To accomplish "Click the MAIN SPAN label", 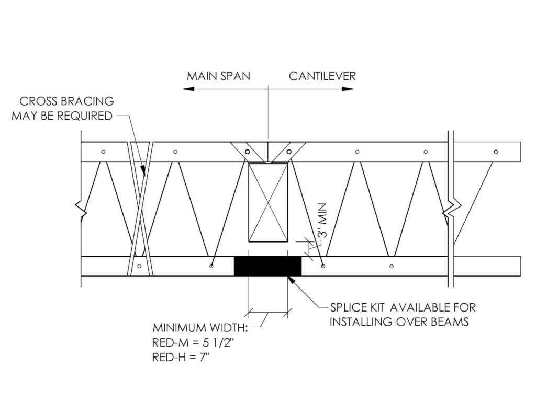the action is [218, 76].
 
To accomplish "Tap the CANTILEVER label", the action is [322, 76].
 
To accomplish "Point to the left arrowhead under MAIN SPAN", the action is [188, 89].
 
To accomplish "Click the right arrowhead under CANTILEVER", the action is [348, 89].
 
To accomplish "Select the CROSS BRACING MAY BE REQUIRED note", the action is [63, 109].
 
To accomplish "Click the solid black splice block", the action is [267, 266].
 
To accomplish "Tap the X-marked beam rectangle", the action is [268, 202].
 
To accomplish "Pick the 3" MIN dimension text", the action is [322, 221].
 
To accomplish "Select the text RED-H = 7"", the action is [181, 357].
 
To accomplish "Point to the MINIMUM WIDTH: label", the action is [200, 328].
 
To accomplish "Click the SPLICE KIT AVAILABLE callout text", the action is [403, 314].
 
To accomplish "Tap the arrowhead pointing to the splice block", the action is [291, 279].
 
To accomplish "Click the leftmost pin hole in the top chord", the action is [103, 152].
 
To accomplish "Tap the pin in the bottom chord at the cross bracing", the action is [139, 266].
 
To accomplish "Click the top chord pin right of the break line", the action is [496, 152].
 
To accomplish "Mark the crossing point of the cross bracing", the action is [140, 208].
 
